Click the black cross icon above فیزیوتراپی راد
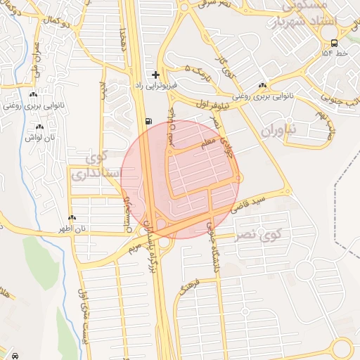pyautogui.click(x=155, y=74)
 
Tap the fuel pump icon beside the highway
pyautogui.click(x=148, y=121)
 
